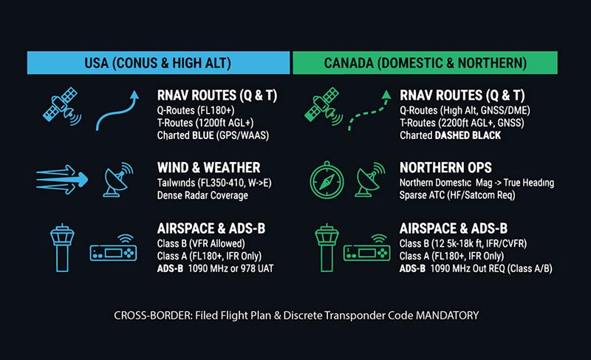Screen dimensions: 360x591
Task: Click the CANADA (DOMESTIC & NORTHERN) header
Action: pos(425,63)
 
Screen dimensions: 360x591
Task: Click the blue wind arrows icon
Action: pos(62,178)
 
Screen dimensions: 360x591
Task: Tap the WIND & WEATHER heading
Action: pos(209,168)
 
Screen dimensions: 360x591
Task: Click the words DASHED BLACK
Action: pos(470,135)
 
